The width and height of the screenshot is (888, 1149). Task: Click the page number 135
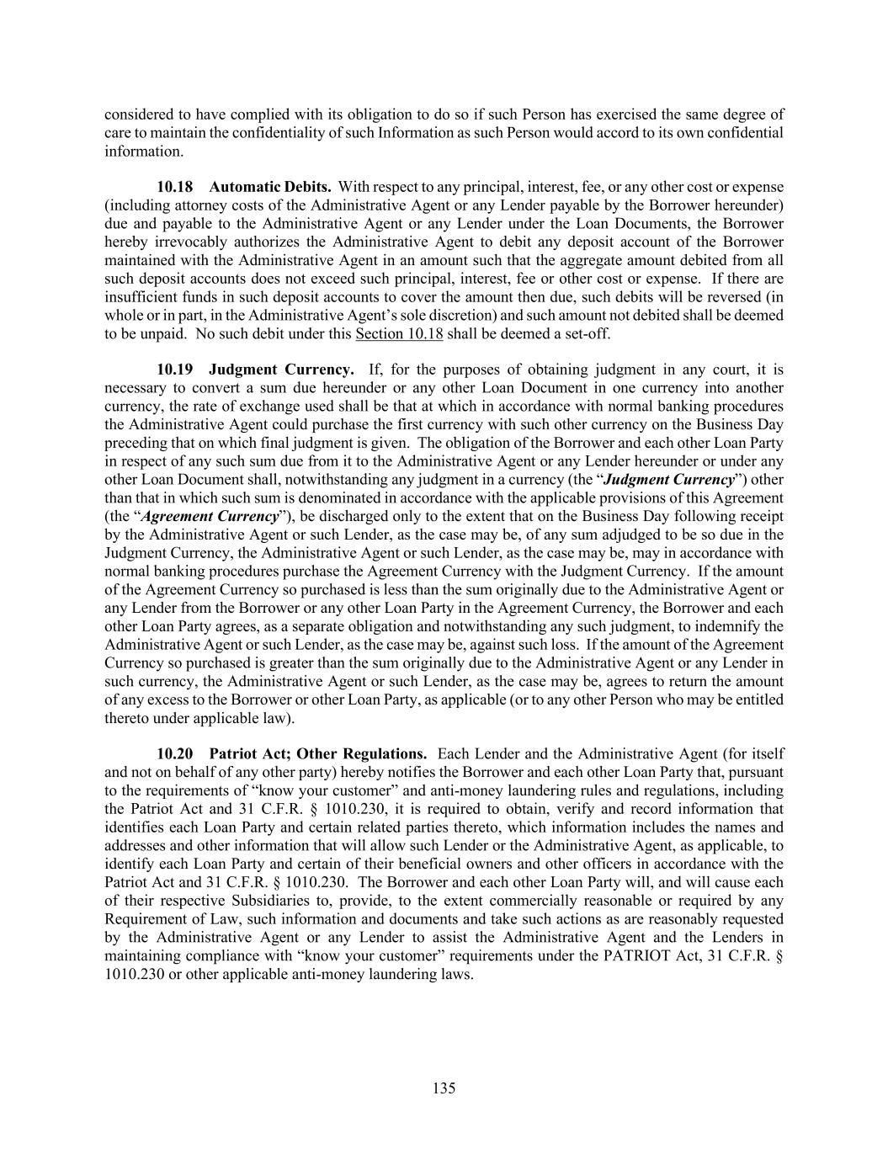click(444, 1088)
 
